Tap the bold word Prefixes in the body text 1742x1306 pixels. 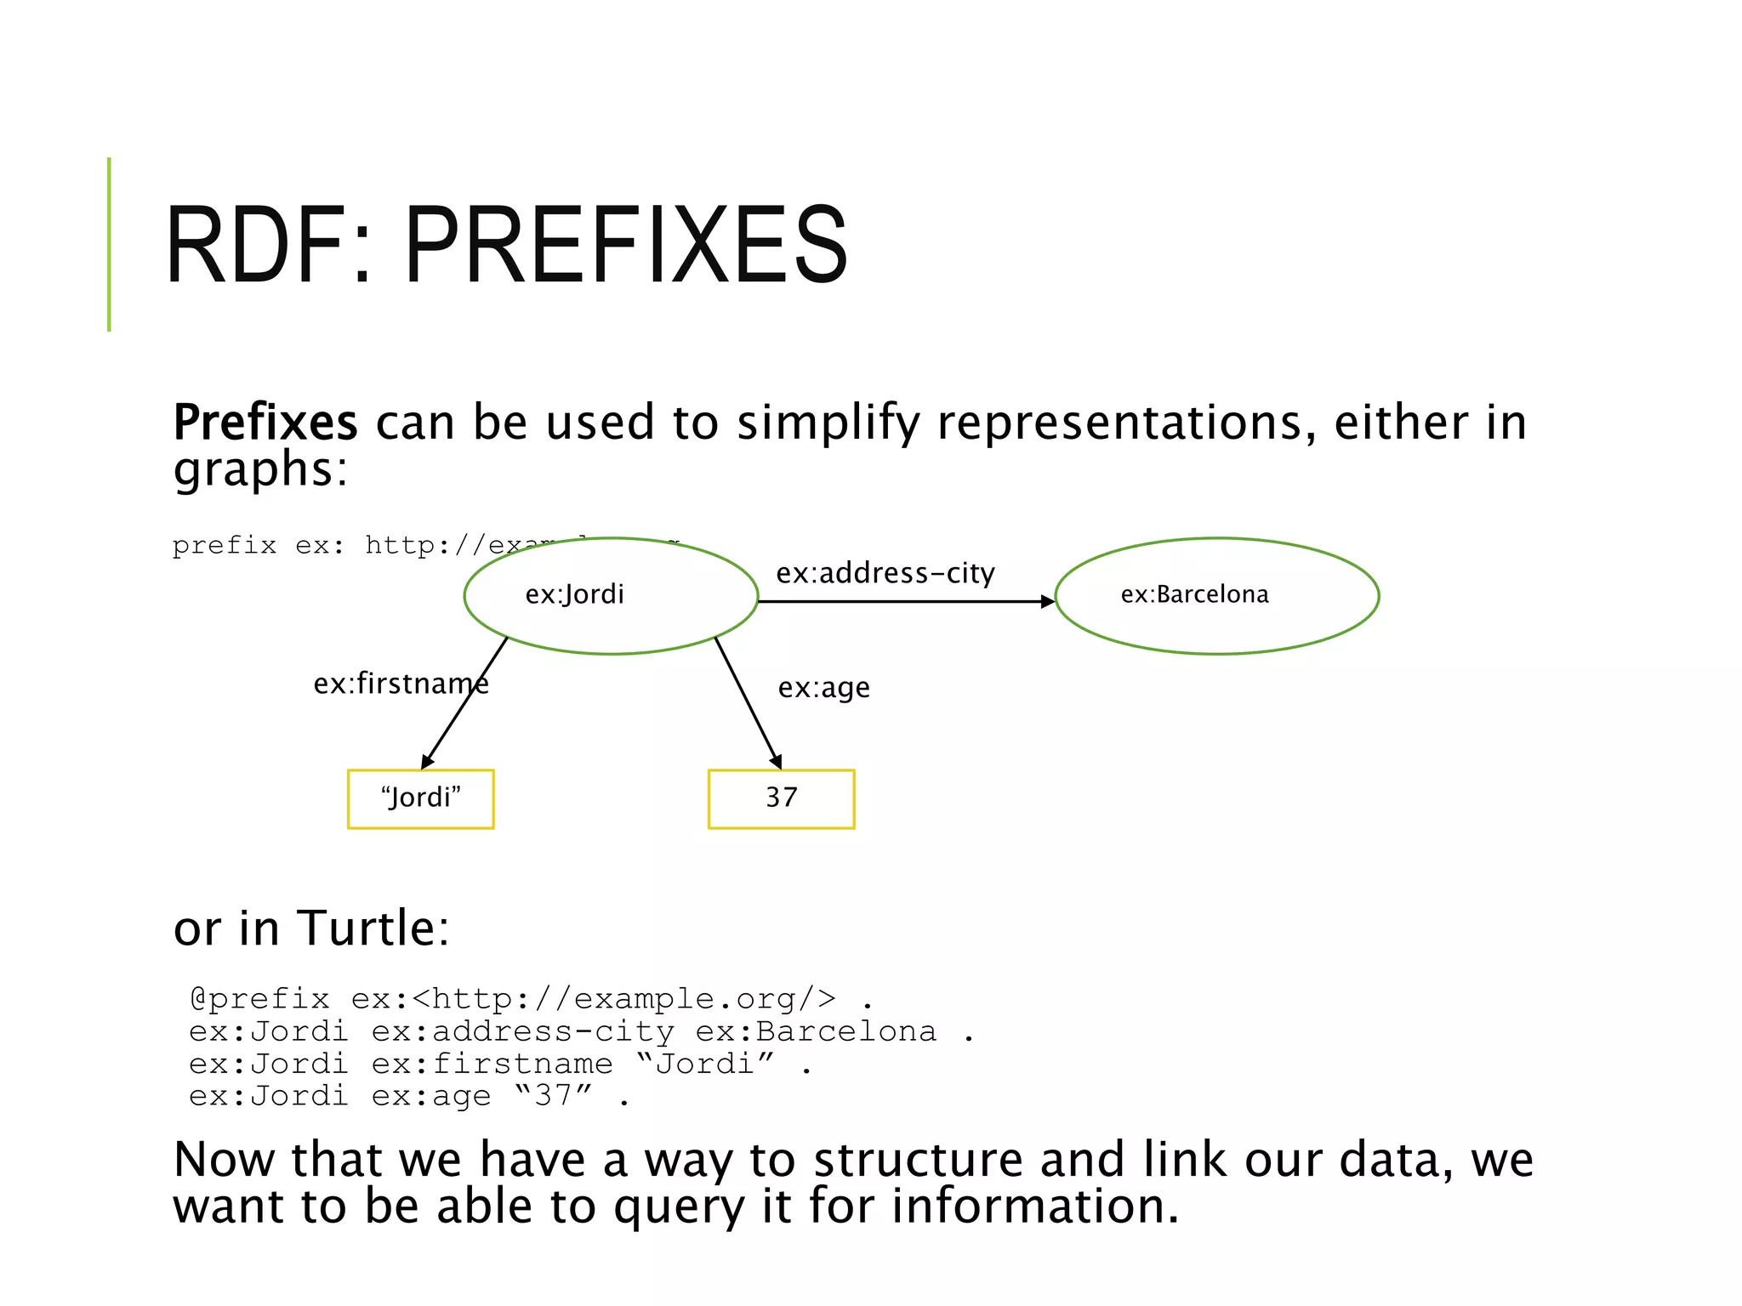265,423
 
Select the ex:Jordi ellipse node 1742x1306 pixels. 611,595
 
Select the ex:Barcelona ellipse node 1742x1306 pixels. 1216,595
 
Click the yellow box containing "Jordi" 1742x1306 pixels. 420,798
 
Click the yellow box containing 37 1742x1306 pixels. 781,798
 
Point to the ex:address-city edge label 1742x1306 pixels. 885,573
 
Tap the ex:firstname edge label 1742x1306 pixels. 401,684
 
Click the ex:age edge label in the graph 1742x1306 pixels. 823,687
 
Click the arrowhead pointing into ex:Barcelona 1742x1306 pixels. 1048,601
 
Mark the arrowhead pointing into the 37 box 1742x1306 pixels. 776,762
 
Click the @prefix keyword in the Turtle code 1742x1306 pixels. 259,998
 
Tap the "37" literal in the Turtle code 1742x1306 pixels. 553,1095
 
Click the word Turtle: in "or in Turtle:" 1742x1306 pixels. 373,928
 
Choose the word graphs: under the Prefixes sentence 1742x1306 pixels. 260,469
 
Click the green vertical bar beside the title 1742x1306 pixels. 109,245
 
